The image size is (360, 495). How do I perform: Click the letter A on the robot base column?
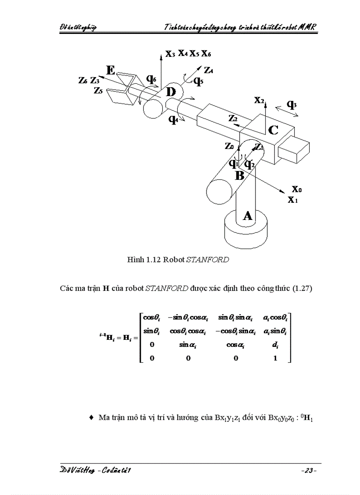click(247, 215)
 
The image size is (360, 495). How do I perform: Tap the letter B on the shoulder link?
click(239, 175)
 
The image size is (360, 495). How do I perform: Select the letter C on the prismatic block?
click(273, 130)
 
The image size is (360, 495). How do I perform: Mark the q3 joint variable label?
click(292, 104)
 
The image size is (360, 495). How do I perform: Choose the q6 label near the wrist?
click(151, 79)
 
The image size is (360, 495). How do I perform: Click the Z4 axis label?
click(210, 70)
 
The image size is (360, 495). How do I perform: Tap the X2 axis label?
click(259, 100)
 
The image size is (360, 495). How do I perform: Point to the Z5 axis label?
click(99, 90)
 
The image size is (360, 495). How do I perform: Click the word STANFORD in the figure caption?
click(208, 260)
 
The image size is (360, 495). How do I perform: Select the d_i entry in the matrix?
click(276, 346)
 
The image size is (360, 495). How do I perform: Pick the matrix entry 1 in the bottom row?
click(276, 358)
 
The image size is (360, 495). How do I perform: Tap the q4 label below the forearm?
click(173, 119)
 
